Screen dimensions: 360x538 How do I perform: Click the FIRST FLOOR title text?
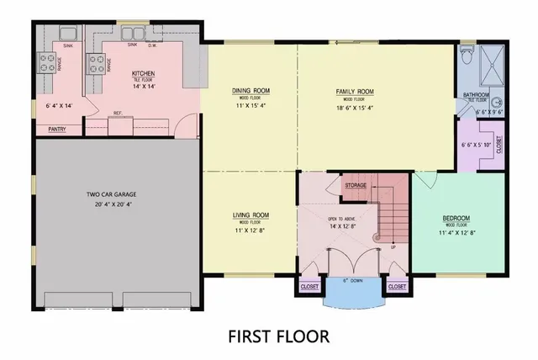coord(278,336)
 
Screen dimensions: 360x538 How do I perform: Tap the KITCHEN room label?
coord(144,74)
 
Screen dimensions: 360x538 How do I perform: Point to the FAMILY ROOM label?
coord(356,91)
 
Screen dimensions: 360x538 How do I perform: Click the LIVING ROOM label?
coord(251,215)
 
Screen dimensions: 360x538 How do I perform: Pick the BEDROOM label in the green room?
coord(456,218)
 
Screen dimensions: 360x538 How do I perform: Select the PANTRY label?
coord(57,130)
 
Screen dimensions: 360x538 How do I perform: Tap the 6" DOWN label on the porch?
coord(353,280)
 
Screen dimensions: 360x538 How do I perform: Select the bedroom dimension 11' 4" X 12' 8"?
coord(456,233)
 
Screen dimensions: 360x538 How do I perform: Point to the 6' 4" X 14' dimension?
coord(59,106)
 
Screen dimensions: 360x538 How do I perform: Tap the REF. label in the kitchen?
coord(118,113)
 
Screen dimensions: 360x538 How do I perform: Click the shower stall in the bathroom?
coord(489,63)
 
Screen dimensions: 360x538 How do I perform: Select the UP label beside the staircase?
coord(393,248)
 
